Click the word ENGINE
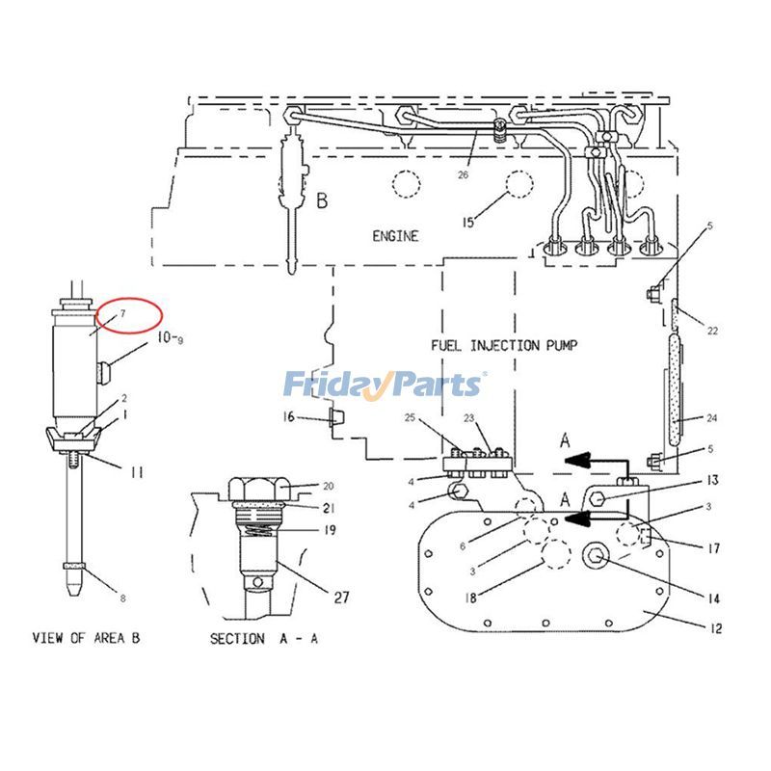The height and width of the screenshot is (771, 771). [x=395, y=236]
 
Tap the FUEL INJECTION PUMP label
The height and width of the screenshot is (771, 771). [x=504, y=345]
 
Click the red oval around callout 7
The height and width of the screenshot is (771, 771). [x=129, y=315]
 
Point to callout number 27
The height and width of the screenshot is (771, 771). [x=341, y=597]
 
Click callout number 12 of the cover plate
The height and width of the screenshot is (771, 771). [x=716, y=628]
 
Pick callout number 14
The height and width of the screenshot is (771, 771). [x=713, y=598]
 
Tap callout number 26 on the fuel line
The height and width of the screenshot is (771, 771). [x=464, y=174]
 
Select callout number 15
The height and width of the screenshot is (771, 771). [x=468, y=223]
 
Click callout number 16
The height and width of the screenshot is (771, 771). [x=288, y=417]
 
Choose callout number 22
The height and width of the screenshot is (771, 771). [x=712, y=331]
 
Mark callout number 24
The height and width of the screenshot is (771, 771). [x=712, y=418]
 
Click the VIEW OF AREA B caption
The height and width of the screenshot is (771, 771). [x=86, y=638]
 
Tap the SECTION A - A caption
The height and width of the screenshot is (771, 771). [x=264, y=639]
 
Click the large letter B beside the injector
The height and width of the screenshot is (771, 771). [x=322, y=200]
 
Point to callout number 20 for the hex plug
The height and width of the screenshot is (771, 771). [x=329, y=487]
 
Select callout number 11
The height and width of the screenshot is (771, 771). [x=137, y=472]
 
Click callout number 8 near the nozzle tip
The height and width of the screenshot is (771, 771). [x=123, y=598]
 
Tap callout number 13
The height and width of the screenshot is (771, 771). [x=713, y=480]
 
